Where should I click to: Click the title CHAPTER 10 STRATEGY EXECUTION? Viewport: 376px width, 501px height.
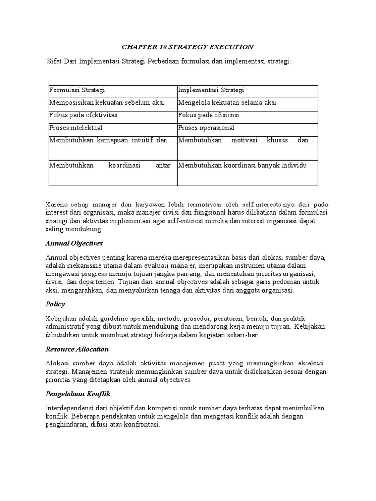click(188, 47)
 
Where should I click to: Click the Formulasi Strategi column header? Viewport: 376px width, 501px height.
click(77, 91)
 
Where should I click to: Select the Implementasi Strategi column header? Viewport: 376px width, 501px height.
click(211, 91)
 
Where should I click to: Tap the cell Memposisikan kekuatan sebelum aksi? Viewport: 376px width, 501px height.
click(106, 103)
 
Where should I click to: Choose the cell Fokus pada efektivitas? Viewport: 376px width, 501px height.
click(83, 115)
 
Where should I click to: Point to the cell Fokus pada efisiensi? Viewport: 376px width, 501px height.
click(209, 115)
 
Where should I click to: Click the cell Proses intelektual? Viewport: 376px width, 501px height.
click(76, 128)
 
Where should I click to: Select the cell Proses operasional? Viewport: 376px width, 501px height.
click(206, 128)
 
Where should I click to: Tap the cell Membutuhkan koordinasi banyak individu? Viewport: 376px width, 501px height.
click(242, 165)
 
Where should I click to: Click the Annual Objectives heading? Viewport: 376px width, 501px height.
click(74, 243)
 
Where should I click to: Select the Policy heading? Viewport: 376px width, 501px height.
click(55, 304)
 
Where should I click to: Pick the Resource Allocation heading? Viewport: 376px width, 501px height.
click(77, 349)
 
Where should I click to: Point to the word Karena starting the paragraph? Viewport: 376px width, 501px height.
click(56, 204)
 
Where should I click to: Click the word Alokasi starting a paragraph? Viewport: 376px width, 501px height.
click(57, 363)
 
